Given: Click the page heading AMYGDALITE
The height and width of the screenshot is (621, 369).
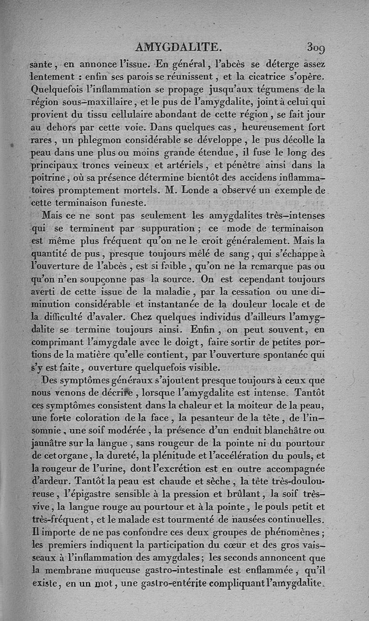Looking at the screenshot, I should [177, 46].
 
